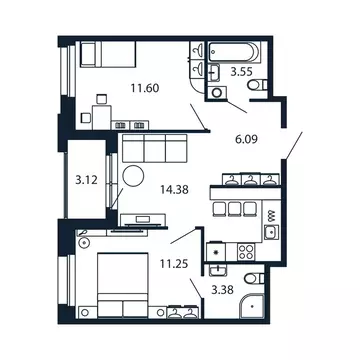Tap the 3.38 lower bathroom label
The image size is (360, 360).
click(x=224, y=292)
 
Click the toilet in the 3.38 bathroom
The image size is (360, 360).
click(x=254, y=279)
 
